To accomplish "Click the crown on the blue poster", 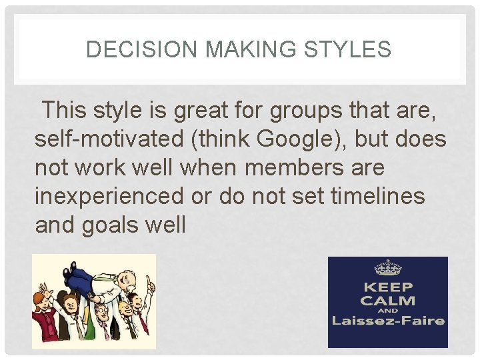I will [x=388, y=268].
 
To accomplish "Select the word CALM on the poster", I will [x=388, y=301].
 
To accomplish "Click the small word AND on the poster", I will [x=388, y=311].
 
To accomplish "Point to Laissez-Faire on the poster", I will [x=388, y=321].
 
